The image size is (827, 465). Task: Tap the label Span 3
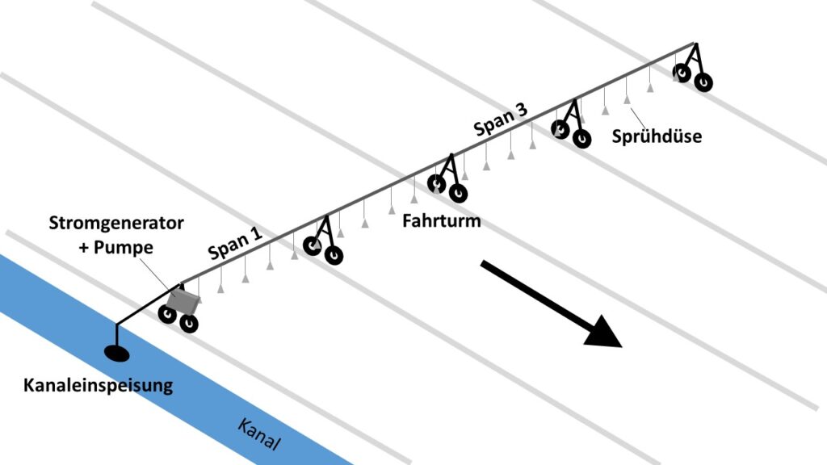(x=501, y=120)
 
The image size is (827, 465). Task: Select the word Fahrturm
(x=442, y=220)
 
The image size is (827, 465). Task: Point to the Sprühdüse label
(x=656, y=136)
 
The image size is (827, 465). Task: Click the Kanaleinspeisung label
(x=97, y=385)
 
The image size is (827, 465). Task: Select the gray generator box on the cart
(x=183, y=303)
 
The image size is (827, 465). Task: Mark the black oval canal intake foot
(x=117, y=353)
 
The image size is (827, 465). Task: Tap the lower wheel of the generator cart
(x=189, y=324)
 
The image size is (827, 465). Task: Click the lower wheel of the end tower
(x=703, y=82)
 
